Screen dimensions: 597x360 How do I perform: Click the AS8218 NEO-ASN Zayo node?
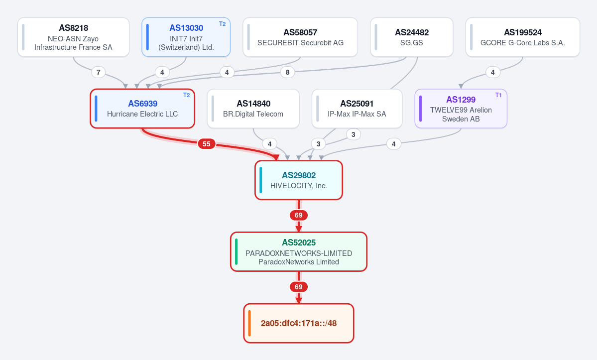point(74,37)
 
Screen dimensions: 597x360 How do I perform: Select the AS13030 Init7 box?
point(186,37)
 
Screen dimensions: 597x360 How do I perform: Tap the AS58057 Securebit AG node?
point(300,37)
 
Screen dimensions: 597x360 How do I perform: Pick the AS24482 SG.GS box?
point(412,37)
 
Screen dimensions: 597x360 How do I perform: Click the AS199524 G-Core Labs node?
point(523,37)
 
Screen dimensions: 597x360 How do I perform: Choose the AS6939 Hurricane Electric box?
point(142,109)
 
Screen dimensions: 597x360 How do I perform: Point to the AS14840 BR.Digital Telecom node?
point(253,109)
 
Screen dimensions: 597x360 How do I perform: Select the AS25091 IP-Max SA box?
point(357,109)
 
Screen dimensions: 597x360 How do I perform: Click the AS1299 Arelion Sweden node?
point(461,109)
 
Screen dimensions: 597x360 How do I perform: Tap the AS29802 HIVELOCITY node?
point(299,180)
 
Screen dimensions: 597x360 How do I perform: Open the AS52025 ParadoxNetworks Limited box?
point(299,252)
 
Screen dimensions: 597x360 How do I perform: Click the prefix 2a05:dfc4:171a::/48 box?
point(299,324)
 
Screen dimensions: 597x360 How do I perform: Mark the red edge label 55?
point(206,144)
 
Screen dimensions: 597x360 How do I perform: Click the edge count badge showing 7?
point(99,72)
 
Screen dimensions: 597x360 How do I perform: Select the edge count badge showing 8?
point(287,72)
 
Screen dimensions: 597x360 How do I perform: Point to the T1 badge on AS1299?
point(498,95)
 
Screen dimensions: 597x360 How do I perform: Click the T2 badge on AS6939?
point(186,95)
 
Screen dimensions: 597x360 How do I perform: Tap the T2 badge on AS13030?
point(223,24)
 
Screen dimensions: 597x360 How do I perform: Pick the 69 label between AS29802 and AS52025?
point(299,216)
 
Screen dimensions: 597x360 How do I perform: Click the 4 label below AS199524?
point(492,72)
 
